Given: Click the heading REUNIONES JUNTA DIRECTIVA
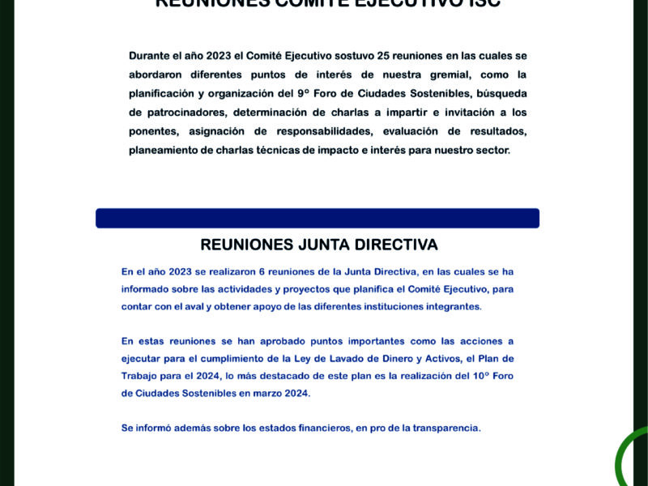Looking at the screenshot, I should (x=318, y=245).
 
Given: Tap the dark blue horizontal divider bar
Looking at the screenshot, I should (x=318, y=218).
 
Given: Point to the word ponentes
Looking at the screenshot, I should (x=153, y=131).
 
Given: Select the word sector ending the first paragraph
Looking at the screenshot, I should (x=492, y=150).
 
